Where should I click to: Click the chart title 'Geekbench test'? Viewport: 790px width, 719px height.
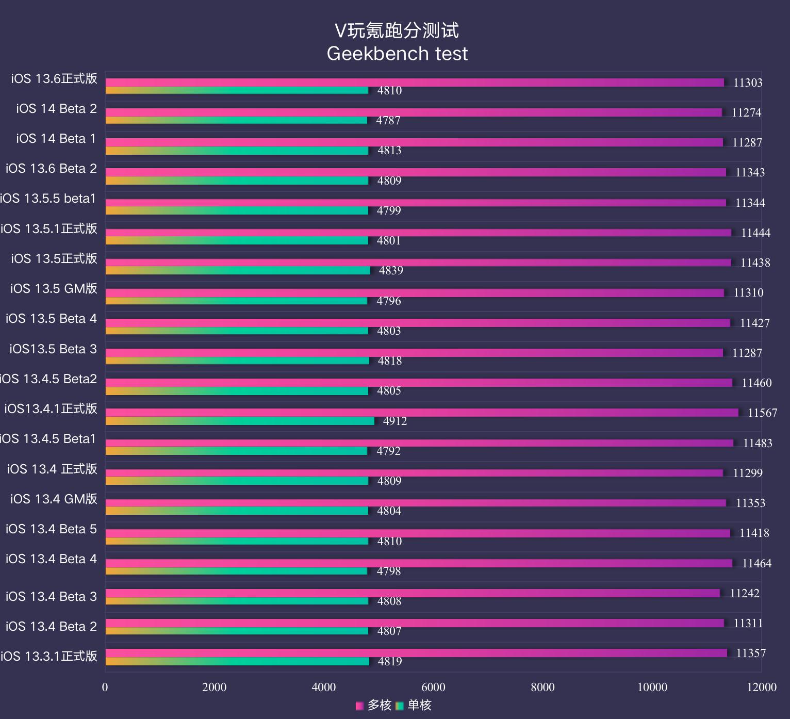pyautogui.click(x=397, y=54)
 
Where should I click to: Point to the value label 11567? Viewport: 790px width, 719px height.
pyautogui.click(x=762, y=413)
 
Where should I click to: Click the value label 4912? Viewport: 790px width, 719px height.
pyautogui.click(x=395, y=421)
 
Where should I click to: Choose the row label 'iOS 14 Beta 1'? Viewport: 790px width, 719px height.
pyautogui.click(x=56, y=139)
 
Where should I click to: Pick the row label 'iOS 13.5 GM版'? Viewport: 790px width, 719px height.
pyautogui.click(x=54, y=288)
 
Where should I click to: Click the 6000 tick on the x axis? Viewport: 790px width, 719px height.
pyautogui.click(x=433, y=687)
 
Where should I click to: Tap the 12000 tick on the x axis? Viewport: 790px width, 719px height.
pyautogui.click(x=762, y=687)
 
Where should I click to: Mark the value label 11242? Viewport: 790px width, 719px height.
pyautogui.click(x=745, y=593)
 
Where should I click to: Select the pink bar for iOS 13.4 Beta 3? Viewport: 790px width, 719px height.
pyautogui.click(x=413, y=593)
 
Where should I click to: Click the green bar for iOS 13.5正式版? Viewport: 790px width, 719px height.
pyautogui.click(x=238, y=270)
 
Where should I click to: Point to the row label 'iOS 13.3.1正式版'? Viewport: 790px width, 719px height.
pyautogui.click(x=49, y=656)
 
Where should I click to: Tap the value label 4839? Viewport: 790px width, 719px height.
pyautogui.click(x=391, y=271)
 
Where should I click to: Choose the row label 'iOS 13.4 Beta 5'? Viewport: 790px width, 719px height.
pyautogui.click(x=51, y=529)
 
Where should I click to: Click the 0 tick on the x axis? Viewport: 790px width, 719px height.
pyautogui.click(x=105, y=687)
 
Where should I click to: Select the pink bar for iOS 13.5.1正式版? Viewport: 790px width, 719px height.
pyautogui.click(x=418, y=233)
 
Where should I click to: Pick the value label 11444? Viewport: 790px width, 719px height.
pyautogui.click(x=755, y=233)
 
